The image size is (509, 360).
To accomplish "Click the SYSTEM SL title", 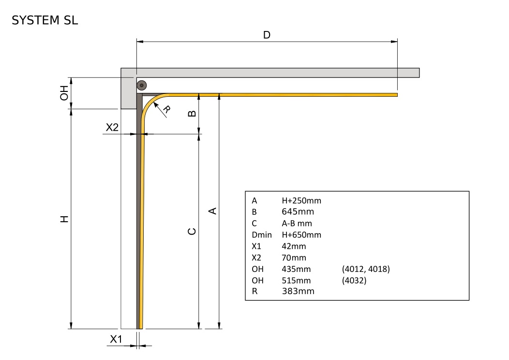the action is point(45,20).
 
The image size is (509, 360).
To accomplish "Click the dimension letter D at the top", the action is point(267,35).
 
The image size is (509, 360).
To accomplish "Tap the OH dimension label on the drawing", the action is point(64,93).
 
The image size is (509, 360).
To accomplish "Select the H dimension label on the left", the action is point(64,219).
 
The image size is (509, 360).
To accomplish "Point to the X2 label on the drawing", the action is point(112,127).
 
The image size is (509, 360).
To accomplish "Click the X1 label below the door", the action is point(116,339).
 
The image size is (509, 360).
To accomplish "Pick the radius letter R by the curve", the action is point(166,109).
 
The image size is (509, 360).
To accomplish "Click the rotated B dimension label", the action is point(192,113).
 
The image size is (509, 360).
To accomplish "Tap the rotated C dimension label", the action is point(192,231).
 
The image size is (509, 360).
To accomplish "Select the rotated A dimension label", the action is point(212,211).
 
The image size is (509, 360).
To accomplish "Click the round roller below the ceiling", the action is point(142,85).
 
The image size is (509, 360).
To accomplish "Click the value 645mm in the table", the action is point(298,211).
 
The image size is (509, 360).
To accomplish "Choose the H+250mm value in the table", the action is point(301,201).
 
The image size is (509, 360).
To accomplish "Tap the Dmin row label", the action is point(262,235).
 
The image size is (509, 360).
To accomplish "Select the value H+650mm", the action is point(301,235).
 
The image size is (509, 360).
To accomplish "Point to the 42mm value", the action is point(294,246).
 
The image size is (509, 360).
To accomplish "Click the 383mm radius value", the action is point(298,291).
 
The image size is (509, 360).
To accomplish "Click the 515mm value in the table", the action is point(296,280).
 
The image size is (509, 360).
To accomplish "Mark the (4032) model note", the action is point(354,280).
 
